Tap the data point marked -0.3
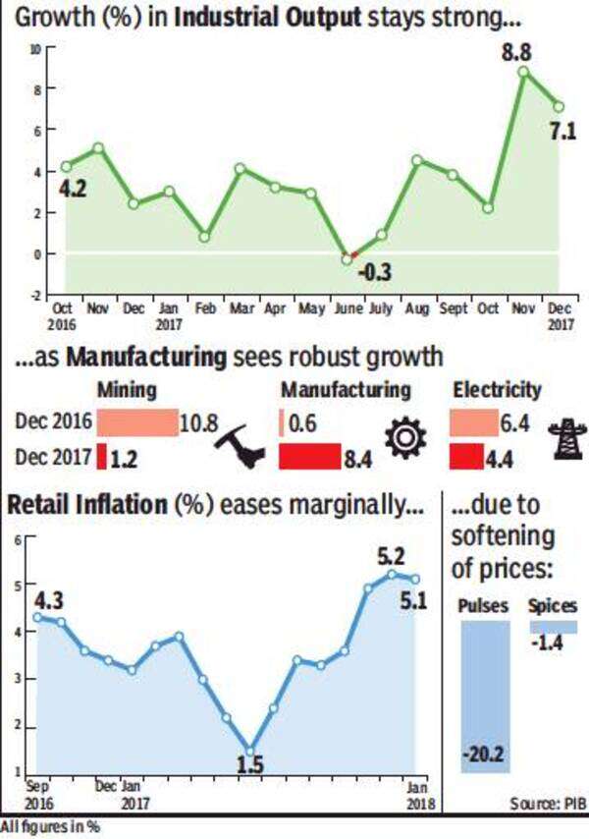pyautogui.click(x=347, y=258)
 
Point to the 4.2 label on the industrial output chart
pyautogui.click(x=75, y=187)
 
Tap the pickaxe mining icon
pyautogui.click(x=240, y=443)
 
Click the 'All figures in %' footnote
pyautogui.click(x=50, y=828)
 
